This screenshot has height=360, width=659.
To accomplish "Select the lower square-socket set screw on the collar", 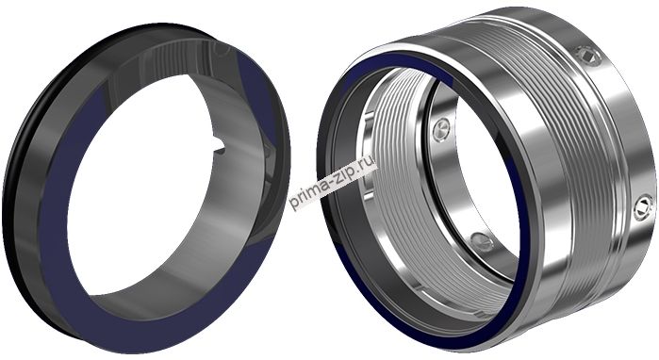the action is tap(643, 207).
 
